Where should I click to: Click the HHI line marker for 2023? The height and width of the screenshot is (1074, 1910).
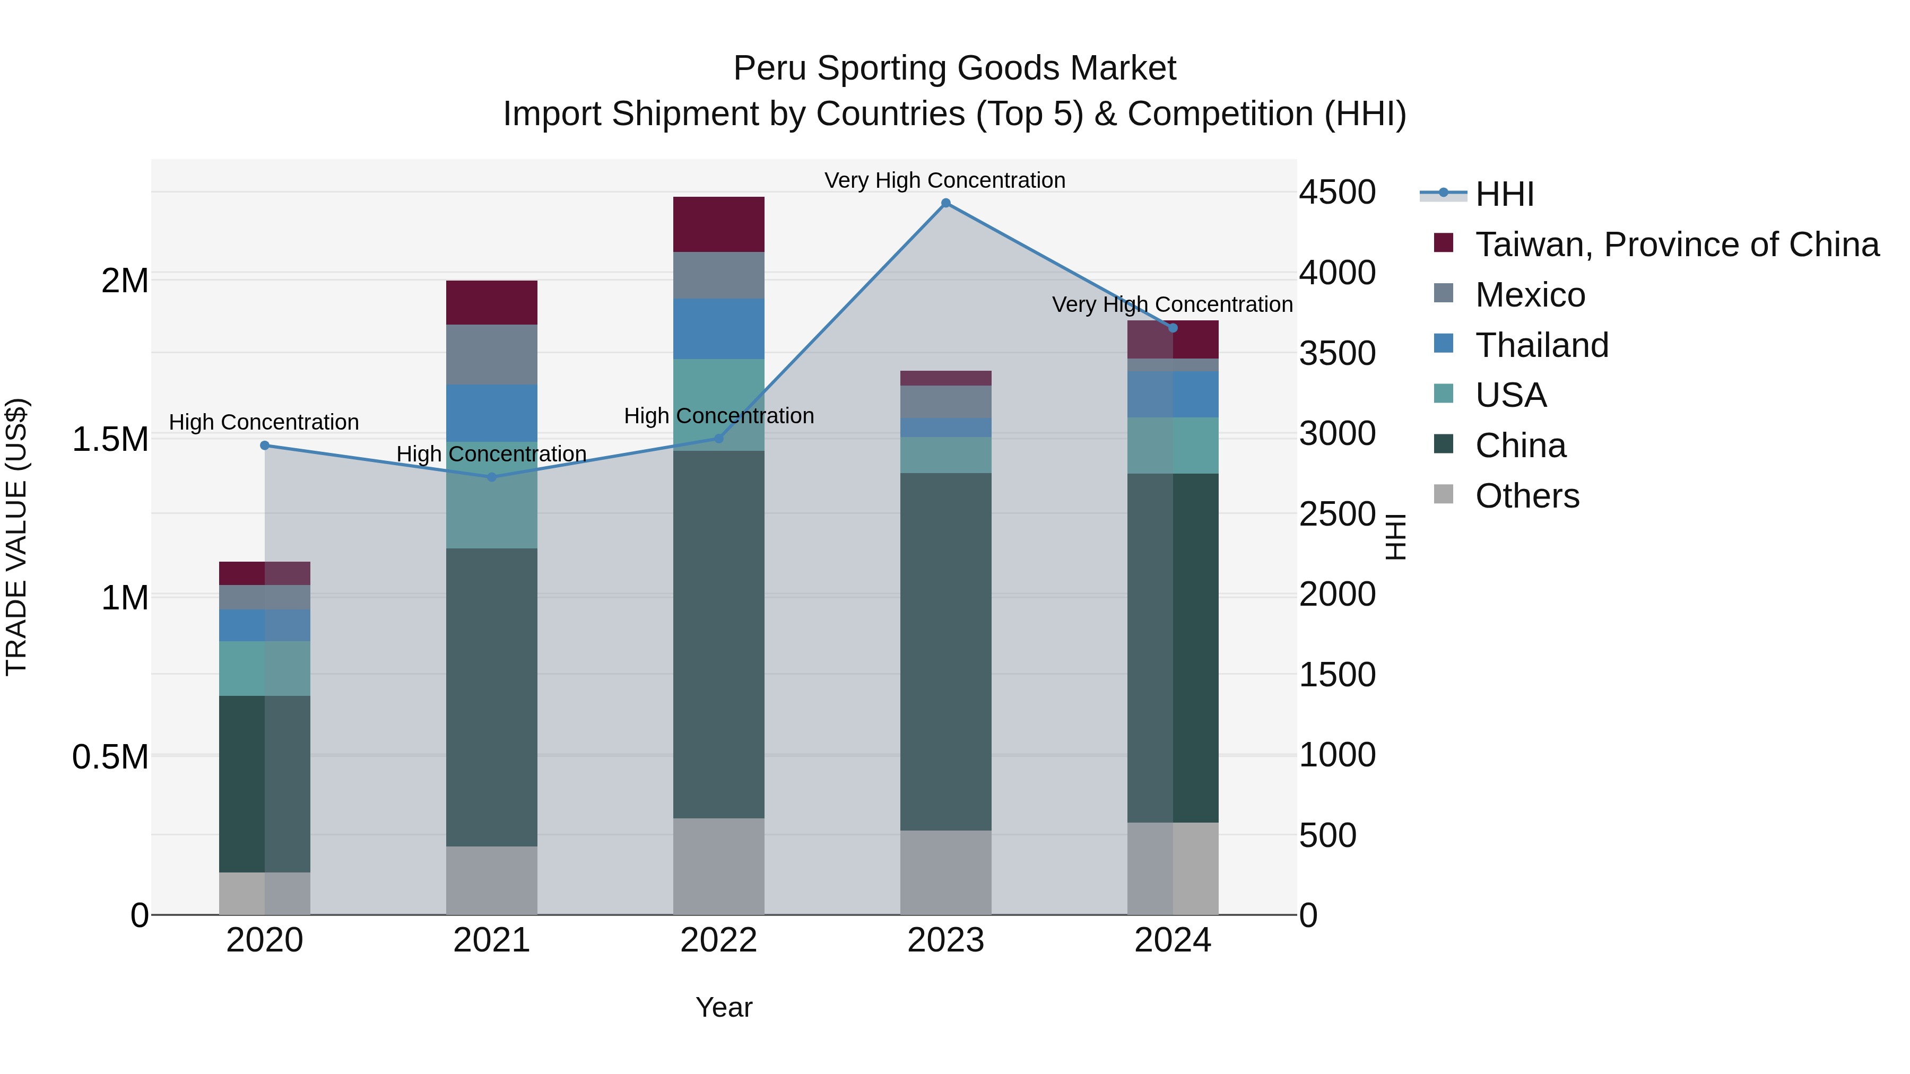pyautogui.click(x=945, y=203)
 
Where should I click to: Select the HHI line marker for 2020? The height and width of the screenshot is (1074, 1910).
pyautogui.click(x=265, y=446)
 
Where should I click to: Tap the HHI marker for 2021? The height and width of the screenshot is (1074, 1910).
pyautogui.click(x=492, y=477)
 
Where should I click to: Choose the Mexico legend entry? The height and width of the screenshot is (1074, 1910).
pyautogui.click(x=1530, y=295)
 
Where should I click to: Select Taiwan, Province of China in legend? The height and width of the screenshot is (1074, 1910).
pyautogui.click(x=1677, y=245)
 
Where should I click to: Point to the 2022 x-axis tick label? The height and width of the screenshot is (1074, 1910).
pyautogui.click(x=718, y=940)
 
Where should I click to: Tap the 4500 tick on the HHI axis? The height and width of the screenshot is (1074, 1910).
pyautogui.click(x=1337, y=193)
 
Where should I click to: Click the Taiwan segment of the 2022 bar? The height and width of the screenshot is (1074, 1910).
pyautogui.click(x=718, y=224)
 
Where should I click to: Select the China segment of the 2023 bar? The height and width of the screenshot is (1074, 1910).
pyautogui.click(x=945, y=652)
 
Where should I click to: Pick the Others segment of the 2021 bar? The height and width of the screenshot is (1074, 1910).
pyautogui.click(x=492, y=880)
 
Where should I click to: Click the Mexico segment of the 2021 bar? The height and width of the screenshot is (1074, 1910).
pyautogui.click(x=492, y=354)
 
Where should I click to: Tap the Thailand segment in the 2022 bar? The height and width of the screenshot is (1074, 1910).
pyautogui.click(x=718, y=329)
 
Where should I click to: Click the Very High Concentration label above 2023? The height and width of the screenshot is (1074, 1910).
pyautogui.click(x=944, y=180)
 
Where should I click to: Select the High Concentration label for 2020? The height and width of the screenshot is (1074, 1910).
pyautogui.click(x=264, y=423)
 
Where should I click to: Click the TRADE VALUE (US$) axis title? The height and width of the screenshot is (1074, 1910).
pyautogui.click(x=16, y=537)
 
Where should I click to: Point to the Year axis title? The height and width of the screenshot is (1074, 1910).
pyautogui.click(x=724, y=1007)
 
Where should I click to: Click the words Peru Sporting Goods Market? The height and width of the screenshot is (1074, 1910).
pyautogui.click(x=954, y=68)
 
